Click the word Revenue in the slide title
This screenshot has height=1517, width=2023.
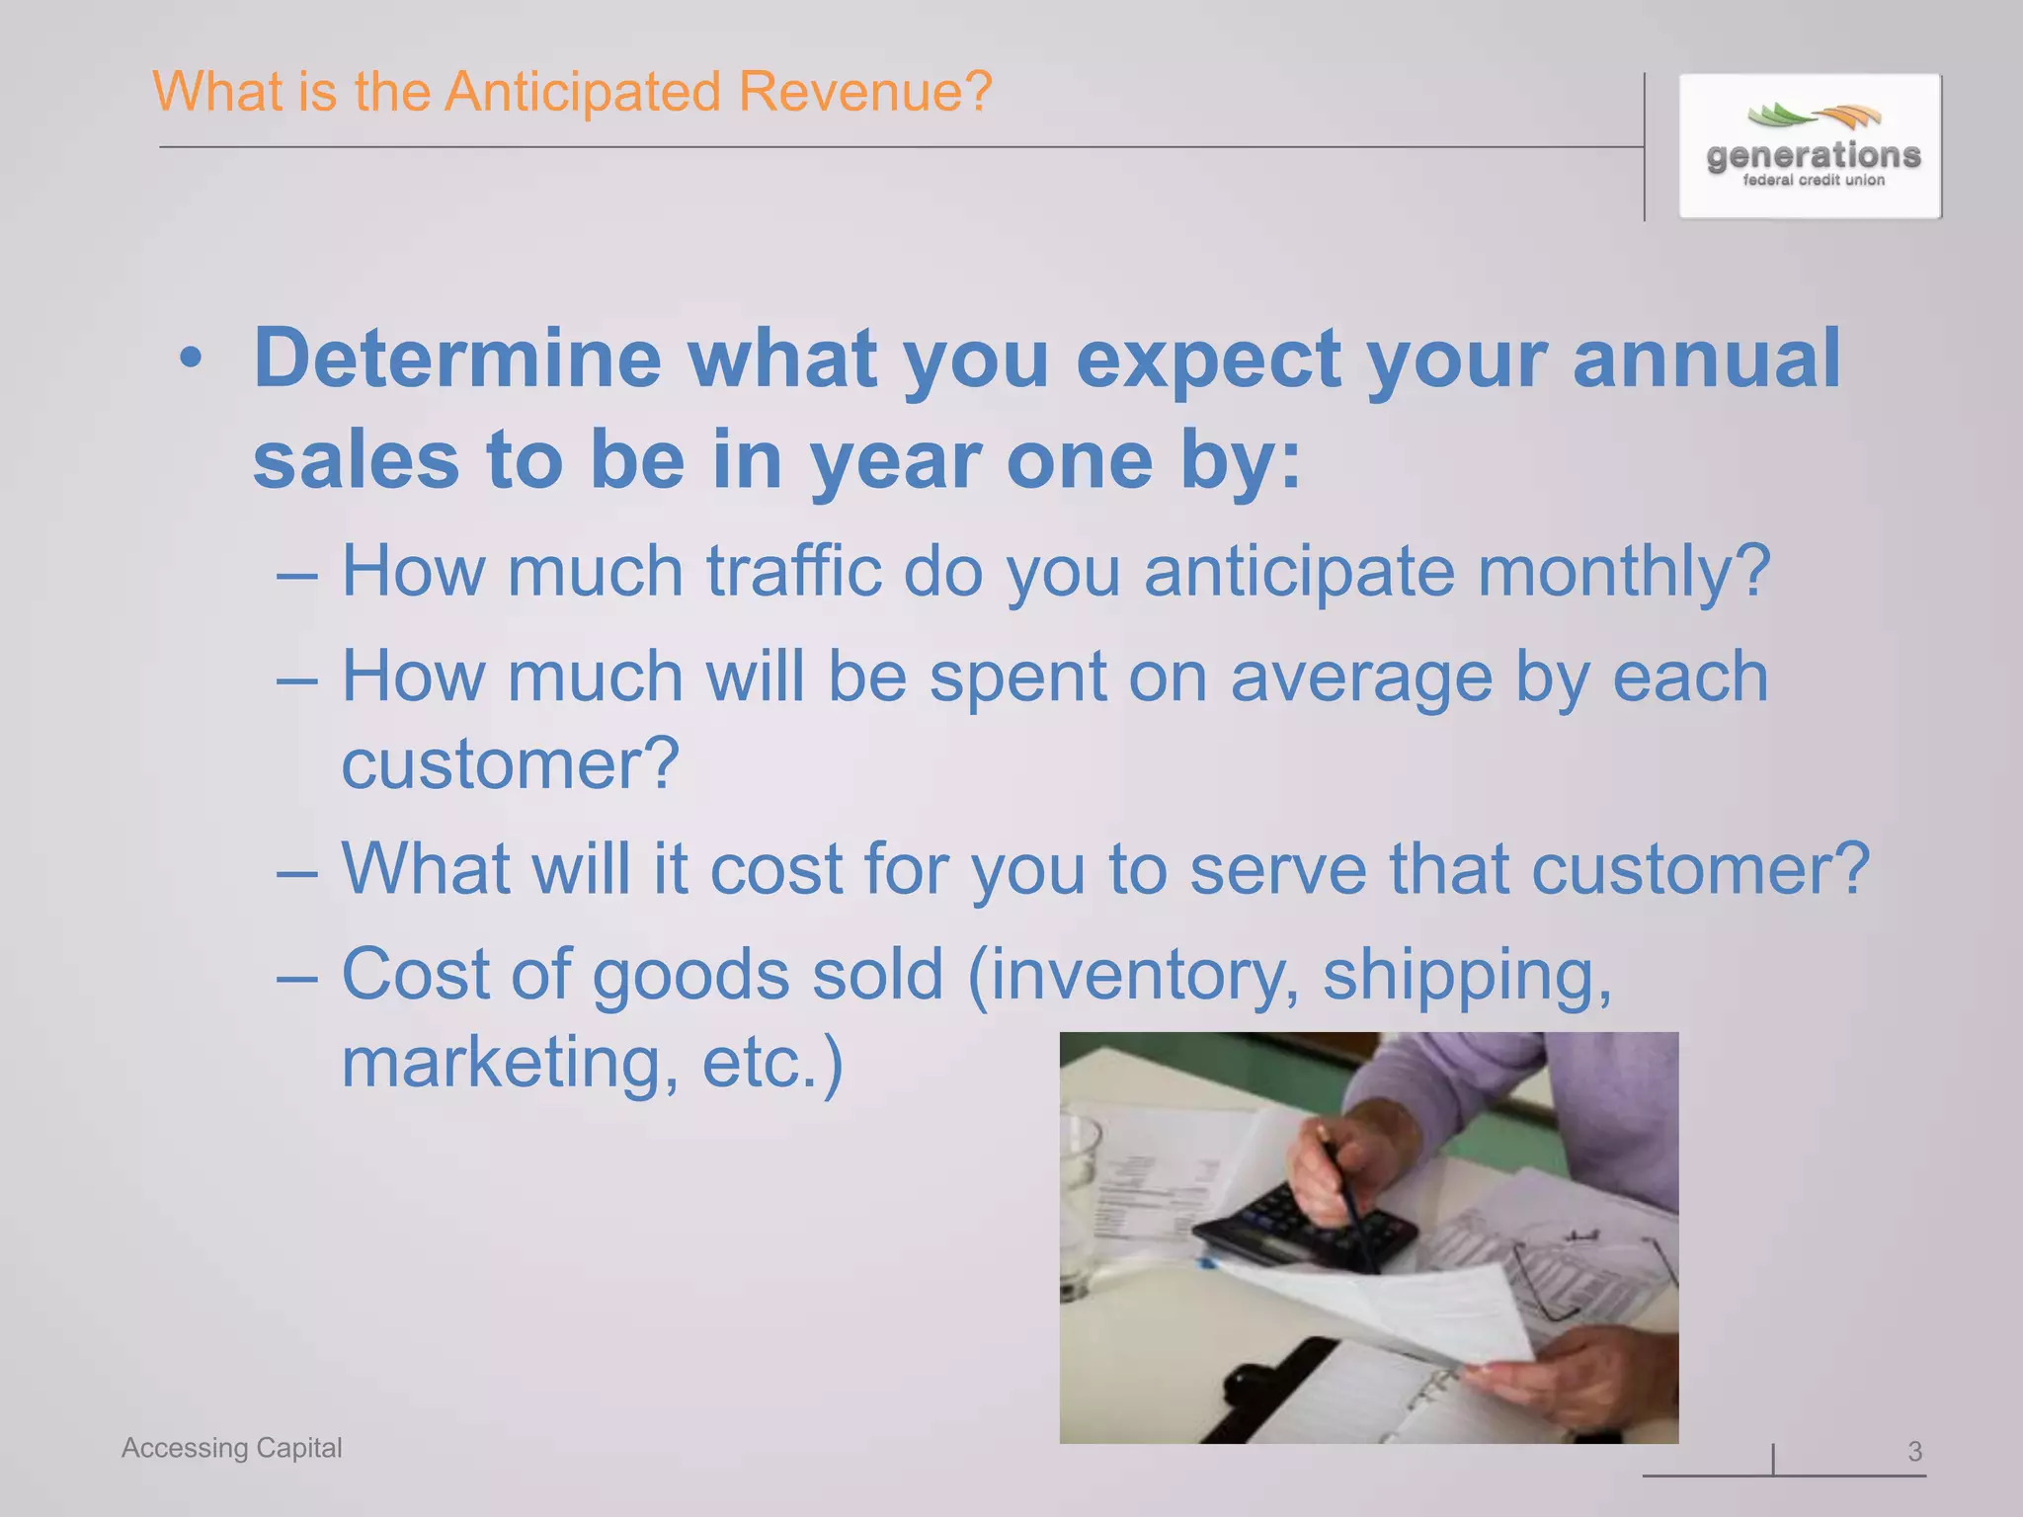[864, 92]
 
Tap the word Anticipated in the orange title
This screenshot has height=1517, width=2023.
[583, 92]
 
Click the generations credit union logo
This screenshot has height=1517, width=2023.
[1811, 146]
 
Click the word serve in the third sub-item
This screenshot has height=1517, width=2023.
[1277, 869]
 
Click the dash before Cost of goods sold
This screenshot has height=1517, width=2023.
[297, 976]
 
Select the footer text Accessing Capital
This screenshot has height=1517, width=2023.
[231, 1448]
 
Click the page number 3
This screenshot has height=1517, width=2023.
[1914, 1451]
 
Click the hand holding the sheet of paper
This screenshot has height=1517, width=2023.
[1561, 1378]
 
